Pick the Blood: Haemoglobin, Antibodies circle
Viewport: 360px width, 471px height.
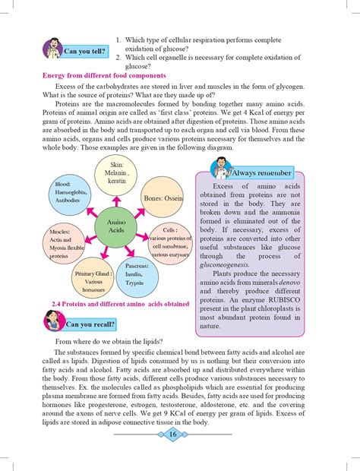coord(68,194)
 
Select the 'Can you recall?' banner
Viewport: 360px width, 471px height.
coord(90,324)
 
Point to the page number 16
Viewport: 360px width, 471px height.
coord(173,434)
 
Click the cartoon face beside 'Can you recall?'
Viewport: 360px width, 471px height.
coord(53,321)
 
